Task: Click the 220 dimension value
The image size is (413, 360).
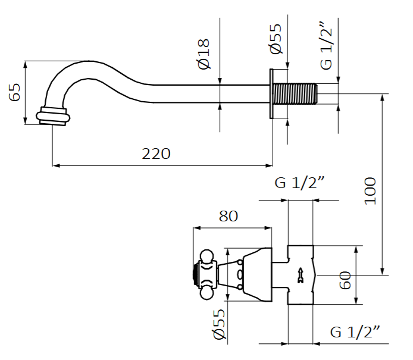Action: [x=156, y=154]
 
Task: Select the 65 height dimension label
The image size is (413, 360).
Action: [x=15, y=92]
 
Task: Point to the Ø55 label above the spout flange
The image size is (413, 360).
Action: [x=275, y=40]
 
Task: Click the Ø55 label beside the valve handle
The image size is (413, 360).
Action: [x=218, y=326]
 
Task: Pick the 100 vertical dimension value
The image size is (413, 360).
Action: [x=370, y=190]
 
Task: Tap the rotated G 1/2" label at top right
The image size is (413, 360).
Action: [x=326, y=45]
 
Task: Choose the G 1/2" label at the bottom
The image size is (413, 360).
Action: [x=355, y=331]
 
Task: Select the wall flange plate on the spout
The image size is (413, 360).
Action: [x=271, y=94]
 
